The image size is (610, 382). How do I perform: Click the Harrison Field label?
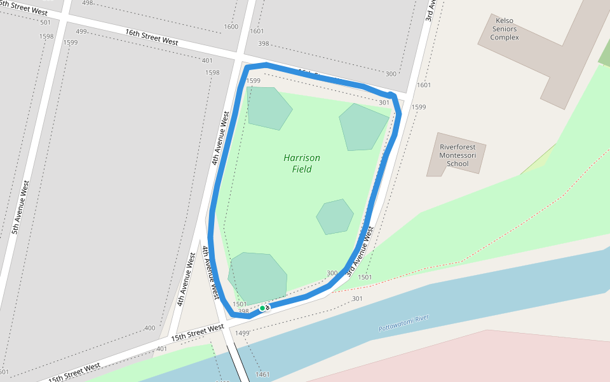coord(302,164)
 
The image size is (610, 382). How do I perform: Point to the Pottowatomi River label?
coord(404,323)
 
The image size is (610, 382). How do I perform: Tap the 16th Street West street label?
coord(151,36)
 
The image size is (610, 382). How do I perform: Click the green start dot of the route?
coord(262,308)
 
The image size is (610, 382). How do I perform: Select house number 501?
coord(45,23)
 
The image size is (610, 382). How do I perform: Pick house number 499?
coord(81,32)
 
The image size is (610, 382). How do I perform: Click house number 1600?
coord(231,27)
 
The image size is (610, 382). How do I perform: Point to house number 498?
coord(87,3)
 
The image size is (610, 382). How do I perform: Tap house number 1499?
coord(242,333)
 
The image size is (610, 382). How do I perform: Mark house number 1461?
coord(262,374)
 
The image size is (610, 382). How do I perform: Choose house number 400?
coord(150,329)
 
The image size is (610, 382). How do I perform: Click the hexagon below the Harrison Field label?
coord(335,216)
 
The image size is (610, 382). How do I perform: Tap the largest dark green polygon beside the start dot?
coord(257,277)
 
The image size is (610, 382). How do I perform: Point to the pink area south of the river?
coord(483,357)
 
